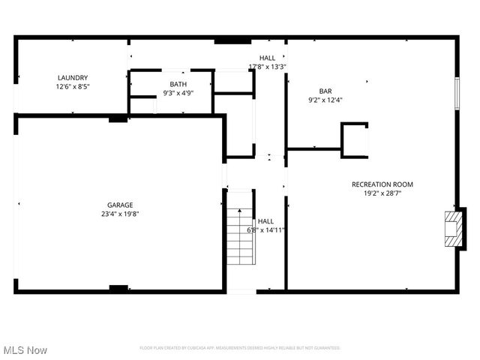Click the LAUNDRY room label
[x=73, y=77]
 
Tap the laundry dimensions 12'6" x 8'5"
[x=73, y=86]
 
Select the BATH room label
[x=178, y=84]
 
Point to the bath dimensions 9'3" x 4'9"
[x=178, y=93]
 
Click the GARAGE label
[x=120, y=205]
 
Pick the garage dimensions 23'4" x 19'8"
[x=120, y=214]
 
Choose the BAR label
[x=325, y=91]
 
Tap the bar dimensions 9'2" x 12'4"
[x=325, y=100]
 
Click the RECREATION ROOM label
[x=382, y=184]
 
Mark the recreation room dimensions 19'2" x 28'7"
[x=382, y=193]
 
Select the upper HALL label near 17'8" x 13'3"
[x=267, y=58]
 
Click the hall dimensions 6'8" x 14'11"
[x=266, y=230]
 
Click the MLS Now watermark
[x=25, y=350]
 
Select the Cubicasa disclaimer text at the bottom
[x=240, y=348]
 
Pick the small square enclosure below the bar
[x=354, y=140]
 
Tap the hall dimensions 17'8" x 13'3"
[x=267, y=67]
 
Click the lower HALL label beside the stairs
[x=266, y=221]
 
